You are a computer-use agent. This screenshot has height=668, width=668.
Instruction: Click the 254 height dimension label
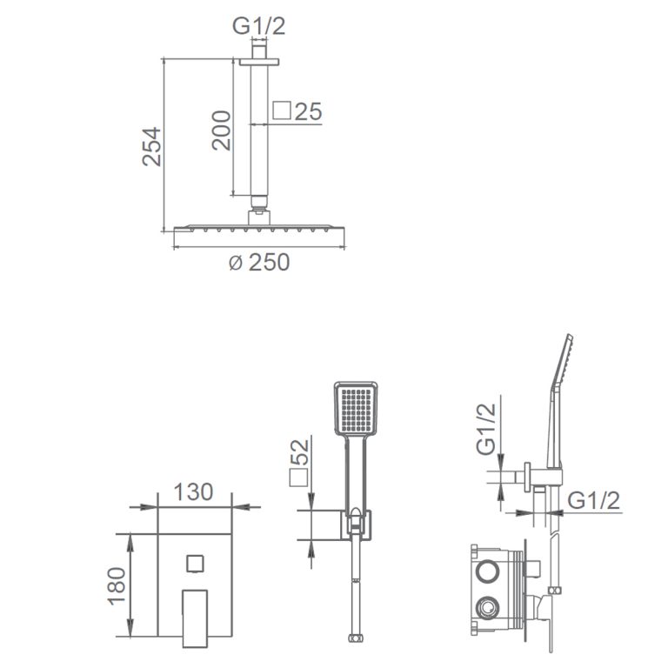152,146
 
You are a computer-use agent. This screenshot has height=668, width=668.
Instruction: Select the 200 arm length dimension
222,130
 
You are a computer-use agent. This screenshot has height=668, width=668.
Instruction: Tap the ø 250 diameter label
259,262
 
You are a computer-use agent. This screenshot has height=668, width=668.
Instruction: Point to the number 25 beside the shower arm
309,111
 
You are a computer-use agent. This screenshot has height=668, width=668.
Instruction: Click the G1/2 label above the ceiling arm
258,25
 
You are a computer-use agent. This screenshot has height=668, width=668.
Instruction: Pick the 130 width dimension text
193,492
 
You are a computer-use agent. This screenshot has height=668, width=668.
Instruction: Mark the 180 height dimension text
117,586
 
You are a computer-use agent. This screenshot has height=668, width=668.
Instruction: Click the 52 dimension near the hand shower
299,452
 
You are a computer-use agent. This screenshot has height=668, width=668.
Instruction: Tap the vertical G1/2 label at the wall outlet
486,429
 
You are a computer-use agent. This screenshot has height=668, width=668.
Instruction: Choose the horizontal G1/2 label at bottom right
594,500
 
